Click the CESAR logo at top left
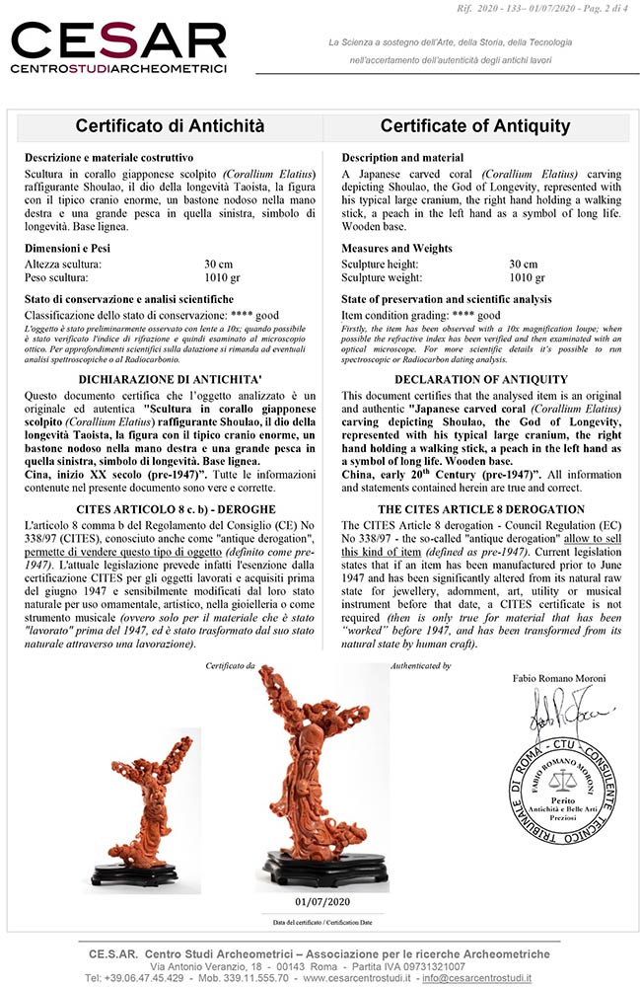pyautogui.click(x=118, y=46)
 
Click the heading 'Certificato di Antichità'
pyautogui.click(x=171, y=126)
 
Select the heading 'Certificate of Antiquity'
pyautogui.click(x=475, y=126)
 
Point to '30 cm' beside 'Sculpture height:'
pyautogui.click(x=524, y=265)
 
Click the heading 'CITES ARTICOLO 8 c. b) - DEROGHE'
pyautogui.click(x=171, y=507)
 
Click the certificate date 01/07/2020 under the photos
pyautogui.click(x=322, y=901)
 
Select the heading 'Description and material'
pyautogui.click(x=402, y=157)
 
